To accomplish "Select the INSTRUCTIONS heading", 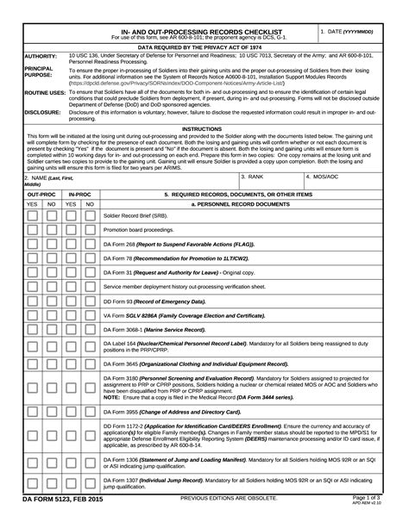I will [203, 128].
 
